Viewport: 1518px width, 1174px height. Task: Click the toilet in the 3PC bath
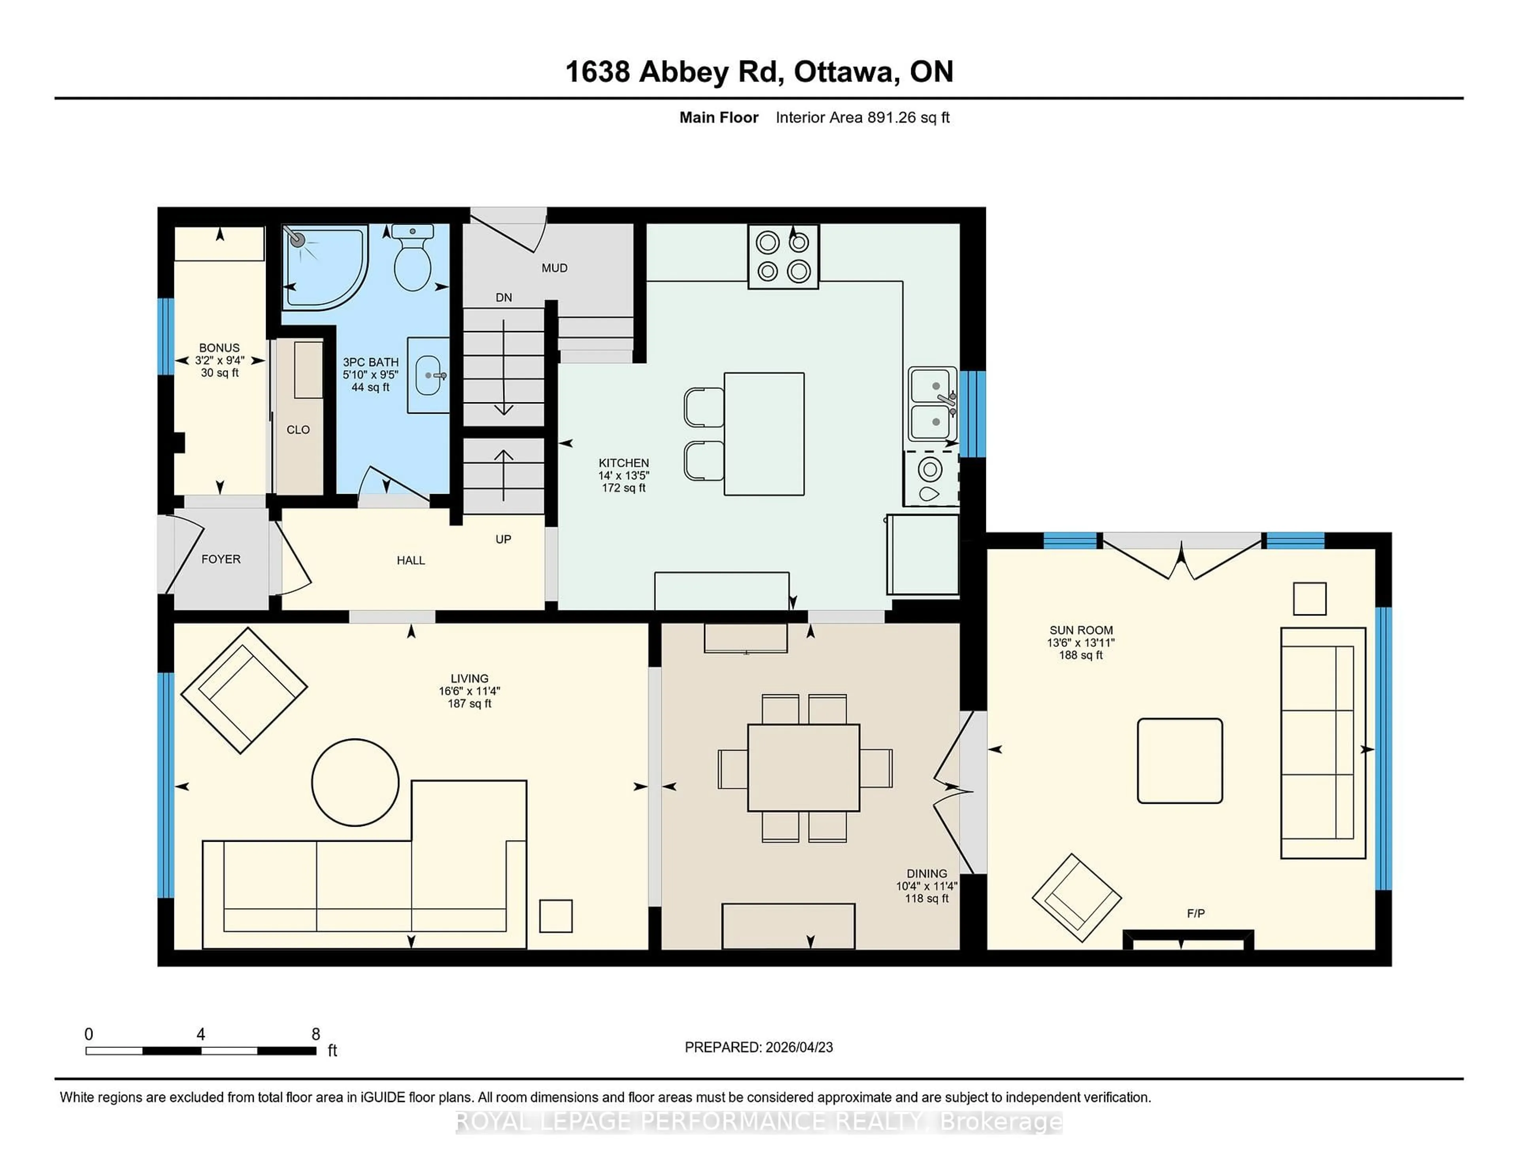[412, 261]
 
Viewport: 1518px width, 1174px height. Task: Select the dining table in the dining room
[804, 768]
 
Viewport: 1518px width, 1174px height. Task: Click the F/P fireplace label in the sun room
[1195, 914]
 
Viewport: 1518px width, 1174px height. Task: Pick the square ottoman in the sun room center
[1180, 761]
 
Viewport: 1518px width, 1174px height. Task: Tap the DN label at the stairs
[503, 298]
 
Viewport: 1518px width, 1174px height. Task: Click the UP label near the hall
[503, 539]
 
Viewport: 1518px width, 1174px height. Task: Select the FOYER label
[221, 559]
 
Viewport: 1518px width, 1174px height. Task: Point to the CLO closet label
[298, 430]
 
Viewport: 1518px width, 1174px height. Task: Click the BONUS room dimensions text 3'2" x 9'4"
[220, 360]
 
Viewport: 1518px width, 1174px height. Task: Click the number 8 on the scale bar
[315, 1034]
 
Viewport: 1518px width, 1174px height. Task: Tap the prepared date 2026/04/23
[798, 1047]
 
